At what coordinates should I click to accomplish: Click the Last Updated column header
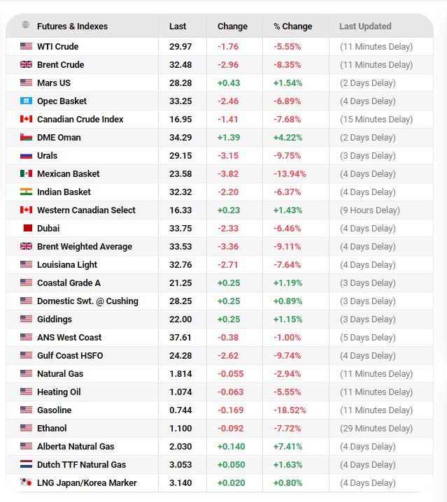point(365,27)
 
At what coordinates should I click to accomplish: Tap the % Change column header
point(293,27)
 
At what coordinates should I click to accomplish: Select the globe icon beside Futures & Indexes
point(26,24)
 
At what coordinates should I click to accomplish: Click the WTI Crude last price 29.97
point(180,47)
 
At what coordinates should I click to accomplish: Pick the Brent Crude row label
point(61,64)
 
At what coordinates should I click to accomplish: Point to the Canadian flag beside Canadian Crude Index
point(26,119)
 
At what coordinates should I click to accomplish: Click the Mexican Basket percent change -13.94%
point(290,174)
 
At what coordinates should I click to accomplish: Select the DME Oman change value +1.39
point(229,138)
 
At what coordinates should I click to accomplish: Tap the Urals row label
point(47,156)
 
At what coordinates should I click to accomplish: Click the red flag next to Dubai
point(28,228)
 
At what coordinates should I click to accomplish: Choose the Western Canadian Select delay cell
point(370,210)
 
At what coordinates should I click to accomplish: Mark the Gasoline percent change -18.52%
point(290,410)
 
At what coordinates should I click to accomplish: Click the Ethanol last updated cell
point(376,429)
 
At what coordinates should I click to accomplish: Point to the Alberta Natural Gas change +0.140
point(231,447)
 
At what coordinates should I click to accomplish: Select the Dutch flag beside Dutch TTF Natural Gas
point(26,464)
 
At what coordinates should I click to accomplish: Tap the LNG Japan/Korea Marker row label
point(87,483)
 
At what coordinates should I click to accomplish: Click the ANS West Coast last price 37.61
point(180,338)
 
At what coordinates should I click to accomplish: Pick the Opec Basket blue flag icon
point(26,101)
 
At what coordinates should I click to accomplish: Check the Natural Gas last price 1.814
point(180,374)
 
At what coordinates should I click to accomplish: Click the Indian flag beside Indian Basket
point(26,192)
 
